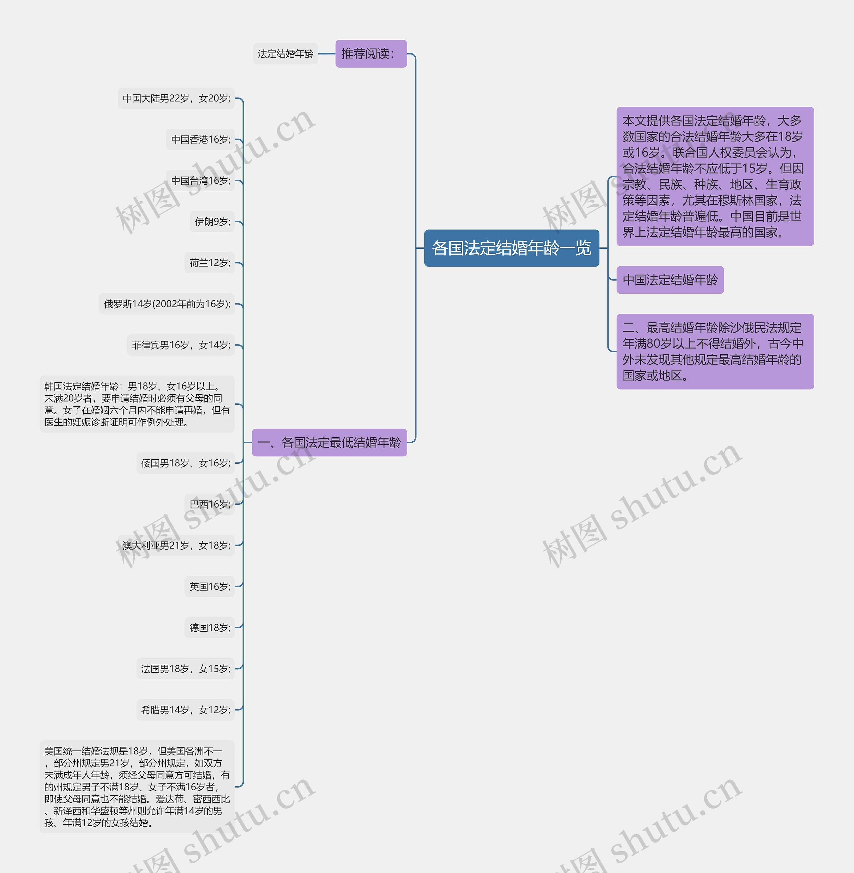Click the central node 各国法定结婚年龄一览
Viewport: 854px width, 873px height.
511,248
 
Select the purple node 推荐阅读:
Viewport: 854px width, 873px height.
371,54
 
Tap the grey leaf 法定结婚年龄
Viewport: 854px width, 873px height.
285,54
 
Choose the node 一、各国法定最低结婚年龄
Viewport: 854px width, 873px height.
329,443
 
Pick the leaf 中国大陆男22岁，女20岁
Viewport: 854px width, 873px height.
176,98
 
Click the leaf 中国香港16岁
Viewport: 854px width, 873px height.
200,140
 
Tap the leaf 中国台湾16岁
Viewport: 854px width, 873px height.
200,180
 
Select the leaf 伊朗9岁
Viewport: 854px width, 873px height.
212,222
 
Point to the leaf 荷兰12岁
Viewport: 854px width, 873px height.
209,263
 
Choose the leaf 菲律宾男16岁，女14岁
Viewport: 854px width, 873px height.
181,345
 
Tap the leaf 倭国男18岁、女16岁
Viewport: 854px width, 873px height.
186,463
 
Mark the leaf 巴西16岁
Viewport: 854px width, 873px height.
209,504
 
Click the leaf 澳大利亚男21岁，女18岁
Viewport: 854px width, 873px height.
176,545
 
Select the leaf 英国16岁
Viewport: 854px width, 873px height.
209,587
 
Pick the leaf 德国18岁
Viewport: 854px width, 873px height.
209,628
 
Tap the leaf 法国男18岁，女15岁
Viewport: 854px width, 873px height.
186,669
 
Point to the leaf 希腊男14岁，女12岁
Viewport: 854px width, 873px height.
186,710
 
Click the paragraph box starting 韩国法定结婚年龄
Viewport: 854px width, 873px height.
137,404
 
